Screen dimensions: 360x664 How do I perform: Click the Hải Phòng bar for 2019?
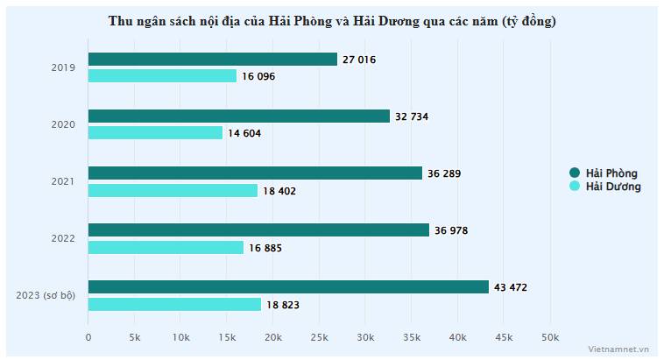click(213, 60)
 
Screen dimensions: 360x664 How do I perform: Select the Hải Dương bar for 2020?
click(156, 133)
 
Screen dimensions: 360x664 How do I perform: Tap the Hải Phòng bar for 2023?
click(288, 287)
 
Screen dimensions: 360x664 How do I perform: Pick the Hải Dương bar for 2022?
click(166, 248)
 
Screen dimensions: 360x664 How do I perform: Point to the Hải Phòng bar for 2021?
click(255, 173)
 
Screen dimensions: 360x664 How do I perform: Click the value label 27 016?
click(360, 60)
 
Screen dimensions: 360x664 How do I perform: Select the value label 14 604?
click(245, 133)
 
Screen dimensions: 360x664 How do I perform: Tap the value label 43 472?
click(512, 287)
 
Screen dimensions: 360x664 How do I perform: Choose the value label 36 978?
click(452, 230)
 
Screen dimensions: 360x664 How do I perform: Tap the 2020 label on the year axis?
click(64, 124)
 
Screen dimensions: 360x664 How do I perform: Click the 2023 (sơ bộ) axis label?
click(46, 295)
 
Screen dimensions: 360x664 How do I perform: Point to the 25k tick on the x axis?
click(319, 337)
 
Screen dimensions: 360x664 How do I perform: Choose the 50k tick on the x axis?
click(549, 337)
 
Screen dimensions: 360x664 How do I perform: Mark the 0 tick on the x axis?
click(88, 337)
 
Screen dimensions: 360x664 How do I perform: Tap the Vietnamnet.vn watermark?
click(619, 349)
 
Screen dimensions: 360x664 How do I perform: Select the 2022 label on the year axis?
click(64, 238)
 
